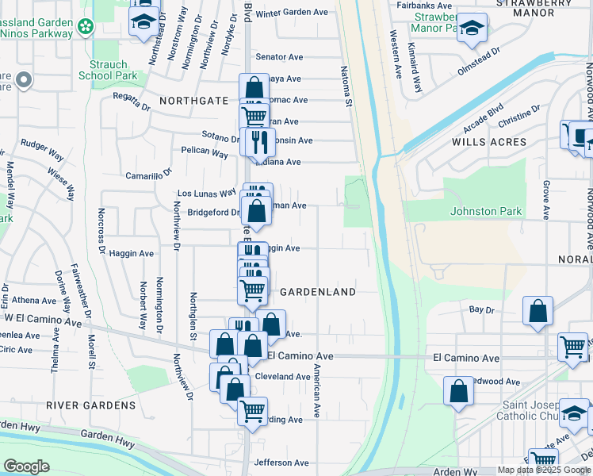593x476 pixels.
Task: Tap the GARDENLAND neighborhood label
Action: pos(318,292)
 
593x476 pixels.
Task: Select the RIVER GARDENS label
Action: pos(90,405)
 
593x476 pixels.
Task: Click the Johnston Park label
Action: pos(486,211)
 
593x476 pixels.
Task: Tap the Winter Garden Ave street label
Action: pos(291,13)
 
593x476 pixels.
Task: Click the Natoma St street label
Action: pos(347,87)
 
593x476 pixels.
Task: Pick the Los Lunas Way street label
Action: pos(208,193)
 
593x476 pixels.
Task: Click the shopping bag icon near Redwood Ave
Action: pos(459,391)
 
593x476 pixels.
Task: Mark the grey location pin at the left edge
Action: pos(24,79)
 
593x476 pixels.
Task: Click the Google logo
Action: pos(27,466)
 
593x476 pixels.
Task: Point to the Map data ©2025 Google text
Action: pos(544,470)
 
